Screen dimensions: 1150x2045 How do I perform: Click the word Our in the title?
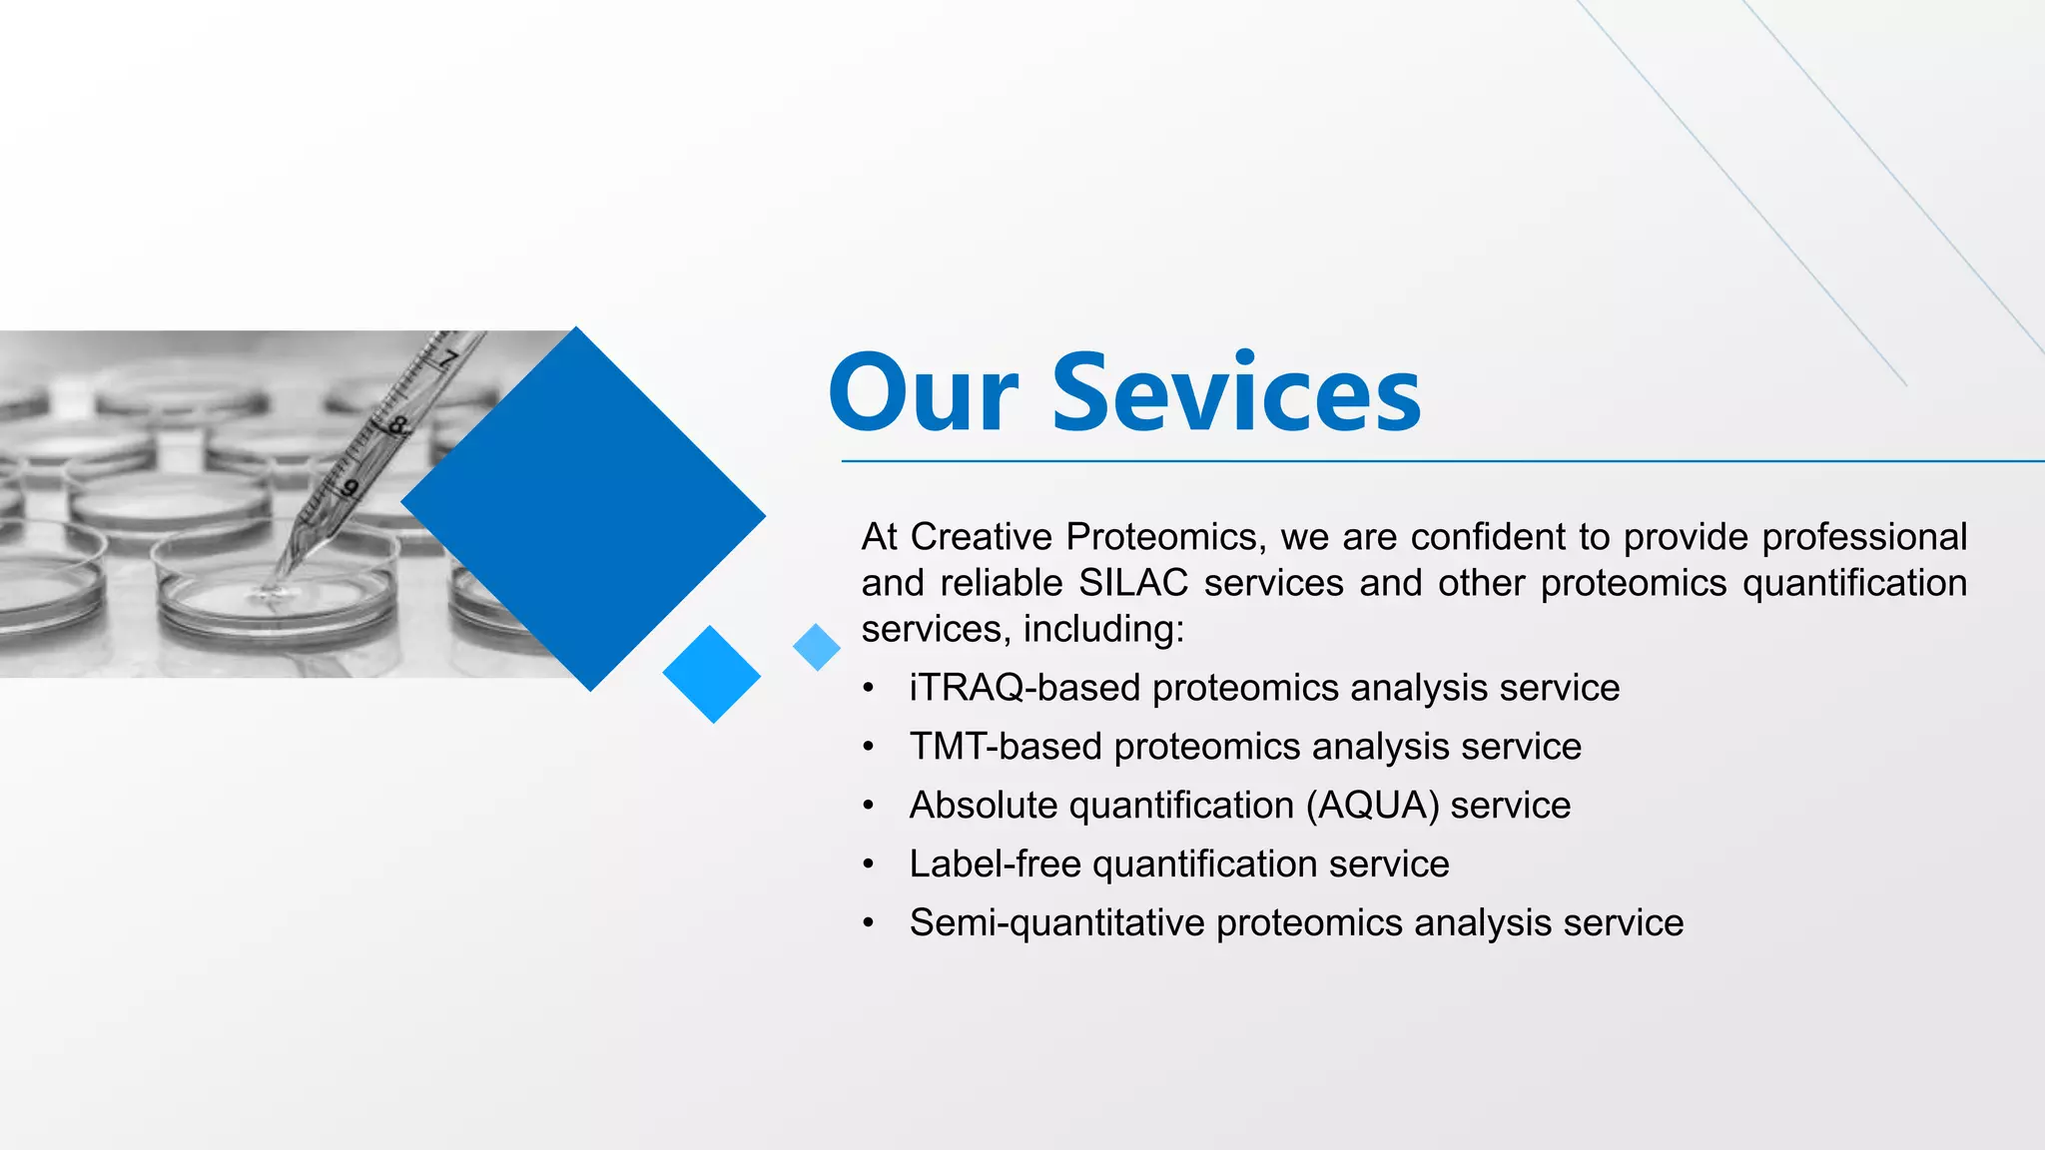tap(924, 393)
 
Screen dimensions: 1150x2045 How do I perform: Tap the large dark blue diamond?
tap(583, 509)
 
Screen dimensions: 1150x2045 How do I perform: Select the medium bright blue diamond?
tap(712, 674)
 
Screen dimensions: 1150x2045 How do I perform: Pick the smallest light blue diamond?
tap(817, 647)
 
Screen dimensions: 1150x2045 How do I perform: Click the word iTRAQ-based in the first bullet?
tap(1024, 688)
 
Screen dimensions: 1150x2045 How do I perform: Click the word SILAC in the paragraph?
tap(1133, 583)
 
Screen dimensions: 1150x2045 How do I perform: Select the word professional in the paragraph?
tap(1863, 537)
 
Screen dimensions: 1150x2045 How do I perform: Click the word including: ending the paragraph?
tap(1103, 629)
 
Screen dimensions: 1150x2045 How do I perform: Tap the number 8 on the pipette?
tap(397, 427)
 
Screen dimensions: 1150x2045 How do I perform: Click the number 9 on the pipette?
tap(349, 488)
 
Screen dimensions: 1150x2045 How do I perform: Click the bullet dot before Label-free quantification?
tap(869, 864)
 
